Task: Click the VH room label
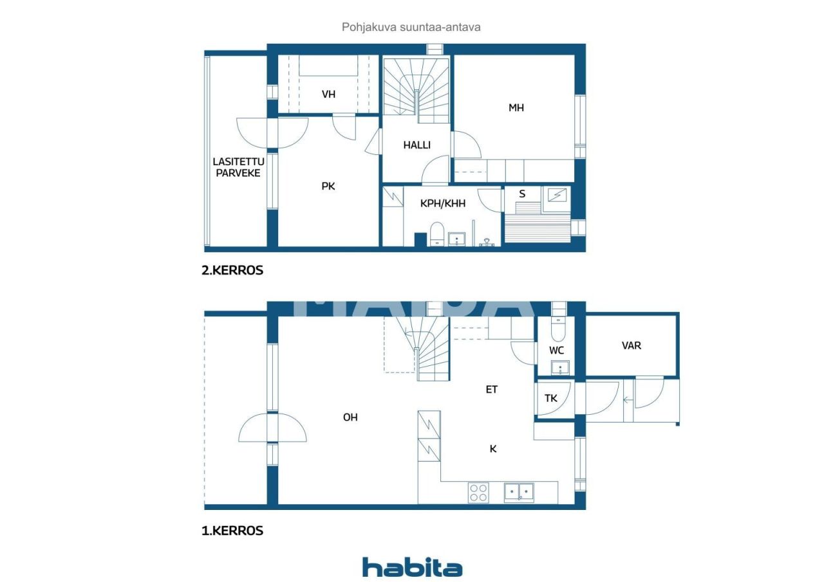click(328, 95)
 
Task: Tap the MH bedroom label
click(516, 107)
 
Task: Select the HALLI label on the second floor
click(417, 145)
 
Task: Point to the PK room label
click(328, 186)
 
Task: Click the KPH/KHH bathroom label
click(443, 203)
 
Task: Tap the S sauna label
click(522, 194)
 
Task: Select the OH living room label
click(350, 417)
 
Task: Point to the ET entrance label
click(492, 389)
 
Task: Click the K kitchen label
click(493, 449)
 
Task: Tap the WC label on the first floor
click(557, 350)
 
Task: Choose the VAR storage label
click(632, 345)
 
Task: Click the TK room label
click(551, 398)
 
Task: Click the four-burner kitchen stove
click(478, 493)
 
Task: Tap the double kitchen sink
click(519, 493)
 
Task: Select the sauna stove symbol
click(555, 194)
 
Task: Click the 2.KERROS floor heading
click(232, 271)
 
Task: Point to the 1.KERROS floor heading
click(232, 531)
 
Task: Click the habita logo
click(412, 567)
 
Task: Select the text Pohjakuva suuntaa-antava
click(411, 27)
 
